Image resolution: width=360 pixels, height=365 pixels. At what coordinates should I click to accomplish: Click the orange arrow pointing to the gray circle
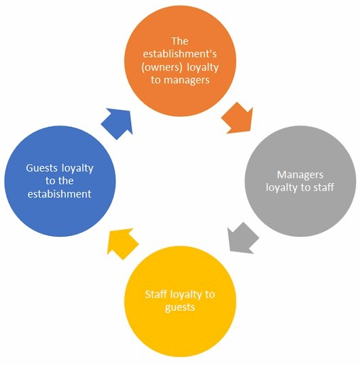tap(238, 119)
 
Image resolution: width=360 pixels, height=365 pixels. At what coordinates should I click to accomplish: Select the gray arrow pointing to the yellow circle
tap(242, 238)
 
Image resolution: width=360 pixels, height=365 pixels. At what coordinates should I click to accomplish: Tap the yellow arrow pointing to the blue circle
tap(122, 244)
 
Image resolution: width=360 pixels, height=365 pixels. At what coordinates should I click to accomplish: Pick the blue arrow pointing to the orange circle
tap(118, 123)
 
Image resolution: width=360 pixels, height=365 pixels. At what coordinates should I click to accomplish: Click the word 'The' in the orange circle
tap(179, 41)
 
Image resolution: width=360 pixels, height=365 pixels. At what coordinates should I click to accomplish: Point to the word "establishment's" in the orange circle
tap(179, 54)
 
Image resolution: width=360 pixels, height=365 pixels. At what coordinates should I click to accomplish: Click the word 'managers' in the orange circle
tap(186, 80)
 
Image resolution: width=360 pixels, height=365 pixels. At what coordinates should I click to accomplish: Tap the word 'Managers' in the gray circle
tap(300, 175)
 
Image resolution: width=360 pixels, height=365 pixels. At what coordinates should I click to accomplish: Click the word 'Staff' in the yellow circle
tap(156, 294)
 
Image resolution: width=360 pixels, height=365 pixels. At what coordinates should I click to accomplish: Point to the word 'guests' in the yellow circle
tap(180, 307)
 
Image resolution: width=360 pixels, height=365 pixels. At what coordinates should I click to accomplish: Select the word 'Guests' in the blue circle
tap(41, 168)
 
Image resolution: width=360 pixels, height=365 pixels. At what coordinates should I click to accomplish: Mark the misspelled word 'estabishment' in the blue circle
tap(59, 194)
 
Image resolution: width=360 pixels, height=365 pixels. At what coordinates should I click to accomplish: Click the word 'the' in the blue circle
tap(66, 181)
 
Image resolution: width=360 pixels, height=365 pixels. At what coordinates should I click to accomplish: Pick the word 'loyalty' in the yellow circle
tap(186, 294)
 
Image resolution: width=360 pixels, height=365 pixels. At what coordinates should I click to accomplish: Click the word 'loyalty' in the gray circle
tap(282, 188)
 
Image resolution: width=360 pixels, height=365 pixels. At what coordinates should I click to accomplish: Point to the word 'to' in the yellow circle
tap(210, 294)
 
